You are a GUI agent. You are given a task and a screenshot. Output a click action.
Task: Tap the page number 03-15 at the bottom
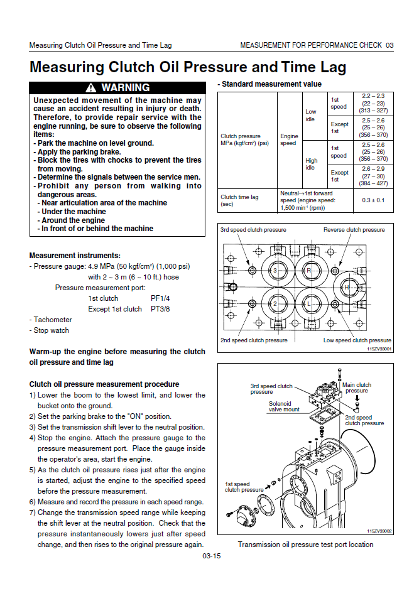point(211,556)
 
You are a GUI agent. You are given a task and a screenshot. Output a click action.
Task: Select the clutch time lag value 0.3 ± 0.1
point(374,200)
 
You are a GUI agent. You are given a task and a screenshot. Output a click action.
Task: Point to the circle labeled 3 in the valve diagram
point(275,270)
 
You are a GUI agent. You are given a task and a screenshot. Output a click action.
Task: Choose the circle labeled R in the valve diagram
point(308,270)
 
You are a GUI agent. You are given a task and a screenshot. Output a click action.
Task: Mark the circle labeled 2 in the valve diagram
point(275,304)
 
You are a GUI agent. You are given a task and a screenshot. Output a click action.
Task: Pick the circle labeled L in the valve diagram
point(308,304)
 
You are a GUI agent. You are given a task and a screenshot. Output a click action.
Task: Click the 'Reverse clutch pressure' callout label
point(354,230)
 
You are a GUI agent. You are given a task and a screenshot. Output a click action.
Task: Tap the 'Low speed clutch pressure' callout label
point(357,340)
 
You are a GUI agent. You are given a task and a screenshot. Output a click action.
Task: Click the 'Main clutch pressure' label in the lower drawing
point(356,388)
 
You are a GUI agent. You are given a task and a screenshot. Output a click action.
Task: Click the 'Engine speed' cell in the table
point(289,139)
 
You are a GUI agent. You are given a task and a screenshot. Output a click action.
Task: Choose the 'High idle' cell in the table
point(311,164)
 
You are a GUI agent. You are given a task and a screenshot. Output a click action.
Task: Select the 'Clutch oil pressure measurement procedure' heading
point(104,384)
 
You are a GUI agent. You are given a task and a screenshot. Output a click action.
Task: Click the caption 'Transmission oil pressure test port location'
point(305,545)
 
